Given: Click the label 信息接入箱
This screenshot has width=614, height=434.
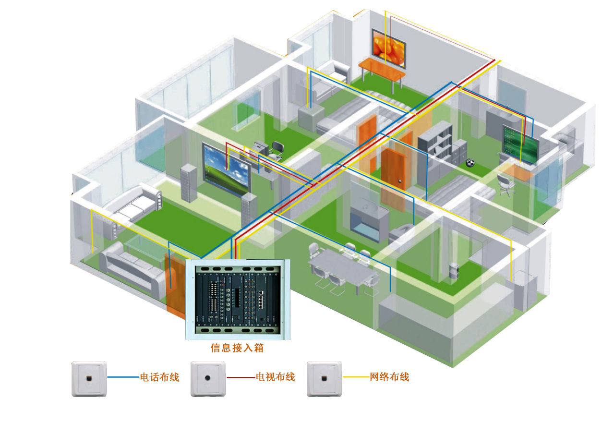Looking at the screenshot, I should click(x=237, y=348).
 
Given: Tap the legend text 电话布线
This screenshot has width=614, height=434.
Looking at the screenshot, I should click(x=159, y=377).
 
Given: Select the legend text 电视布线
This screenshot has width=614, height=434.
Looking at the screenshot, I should click(x=275, y=377).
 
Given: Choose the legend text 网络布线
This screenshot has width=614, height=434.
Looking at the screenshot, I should click(x=389, y=377).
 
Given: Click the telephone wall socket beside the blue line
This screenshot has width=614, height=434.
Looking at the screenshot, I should click(x=89, y=379).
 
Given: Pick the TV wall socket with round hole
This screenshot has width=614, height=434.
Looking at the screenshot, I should click(x=208, y=379).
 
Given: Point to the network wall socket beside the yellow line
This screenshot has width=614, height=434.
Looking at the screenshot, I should click(x=324, y=379).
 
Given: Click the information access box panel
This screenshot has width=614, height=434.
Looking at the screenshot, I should click(x=238, y=299).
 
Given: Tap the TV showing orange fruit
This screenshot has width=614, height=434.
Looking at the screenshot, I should click(x=389, y=48).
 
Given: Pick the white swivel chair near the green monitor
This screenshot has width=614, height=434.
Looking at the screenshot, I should click(x=505, y=184).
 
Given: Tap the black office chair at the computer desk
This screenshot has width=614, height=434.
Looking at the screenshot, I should click(x=276, y=149).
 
